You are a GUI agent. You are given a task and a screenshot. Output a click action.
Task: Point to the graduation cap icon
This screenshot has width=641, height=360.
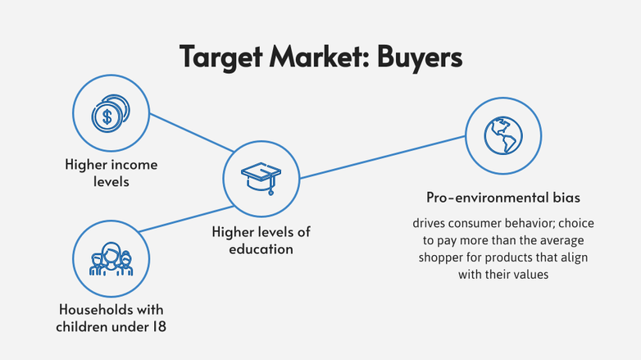coord(260,176)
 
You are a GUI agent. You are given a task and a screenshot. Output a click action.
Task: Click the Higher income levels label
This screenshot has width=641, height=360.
coord(111,173)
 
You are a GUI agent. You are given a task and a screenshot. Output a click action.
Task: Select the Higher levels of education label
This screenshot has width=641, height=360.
coord(261,240)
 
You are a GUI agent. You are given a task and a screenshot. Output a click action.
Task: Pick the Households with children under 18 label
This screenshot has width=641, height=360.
coord(111,317)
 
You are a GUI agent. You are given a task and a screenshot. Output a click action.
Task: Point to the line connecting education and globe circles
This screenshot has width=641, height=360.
coord(381,156)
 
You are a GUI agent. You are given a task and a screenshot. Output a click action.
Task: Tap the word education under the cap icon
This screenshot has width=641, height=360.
coord(261,248)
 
